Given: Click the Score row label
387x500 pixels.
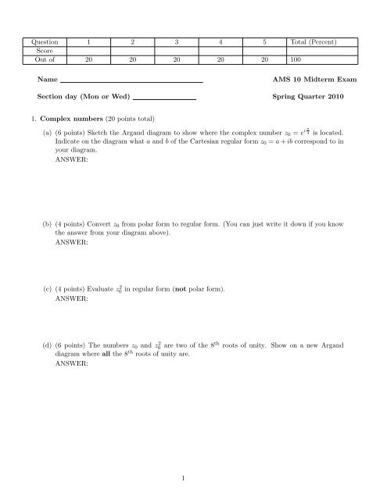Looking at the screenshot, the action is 36,49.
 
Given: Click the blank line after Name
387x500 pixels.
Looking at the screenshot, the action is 131,81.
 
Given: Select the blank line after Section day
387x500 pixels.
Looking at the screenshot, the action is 164,99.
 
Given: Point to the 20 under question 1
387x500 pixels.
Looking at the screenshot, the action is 90,58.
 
